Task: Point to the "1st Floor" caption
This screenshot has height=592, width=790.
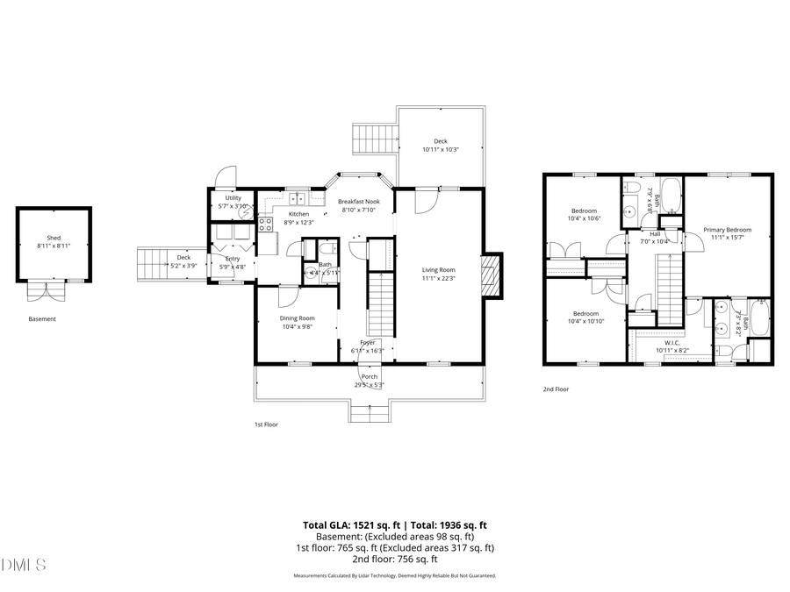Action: click(266, 424)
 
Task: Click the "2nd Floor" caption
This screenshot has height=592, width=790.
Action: click(555, 389)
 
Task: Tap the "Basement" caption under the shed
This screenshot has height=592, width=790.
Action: click(42, 319)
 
